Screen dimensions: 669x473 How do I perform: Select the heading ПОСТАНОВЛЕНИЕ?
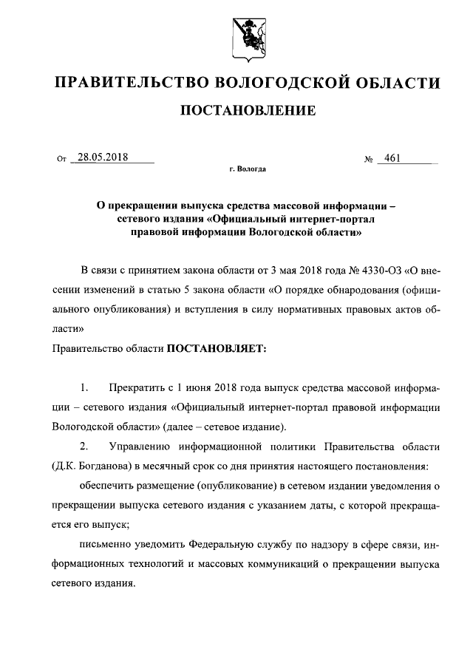[248, 111]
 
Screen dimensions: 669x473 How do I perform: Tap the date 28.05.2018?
[102, 157]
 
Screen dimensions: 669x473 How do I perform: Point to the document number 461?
[388, 157]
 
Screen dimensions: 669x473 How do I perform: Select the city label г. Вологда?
[248, 169]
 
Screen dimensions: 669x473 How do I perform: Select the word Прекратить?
[134, 388]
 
